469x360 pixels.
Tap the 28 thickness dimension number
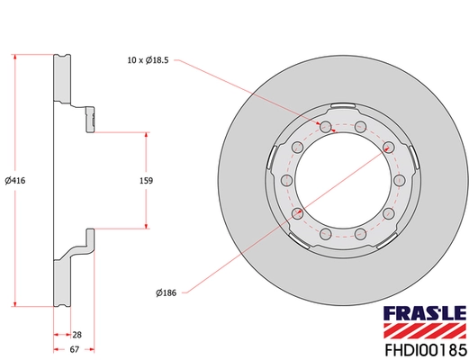coord(77,333)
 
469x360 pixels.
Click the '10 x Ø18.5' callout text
coord(149,62)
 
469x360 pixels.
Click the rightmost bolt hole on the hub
coord(398,180)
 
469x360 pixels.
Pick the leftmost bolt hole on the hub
coord(287,180)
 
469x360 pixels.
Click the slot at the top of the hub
coord(343,112)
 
